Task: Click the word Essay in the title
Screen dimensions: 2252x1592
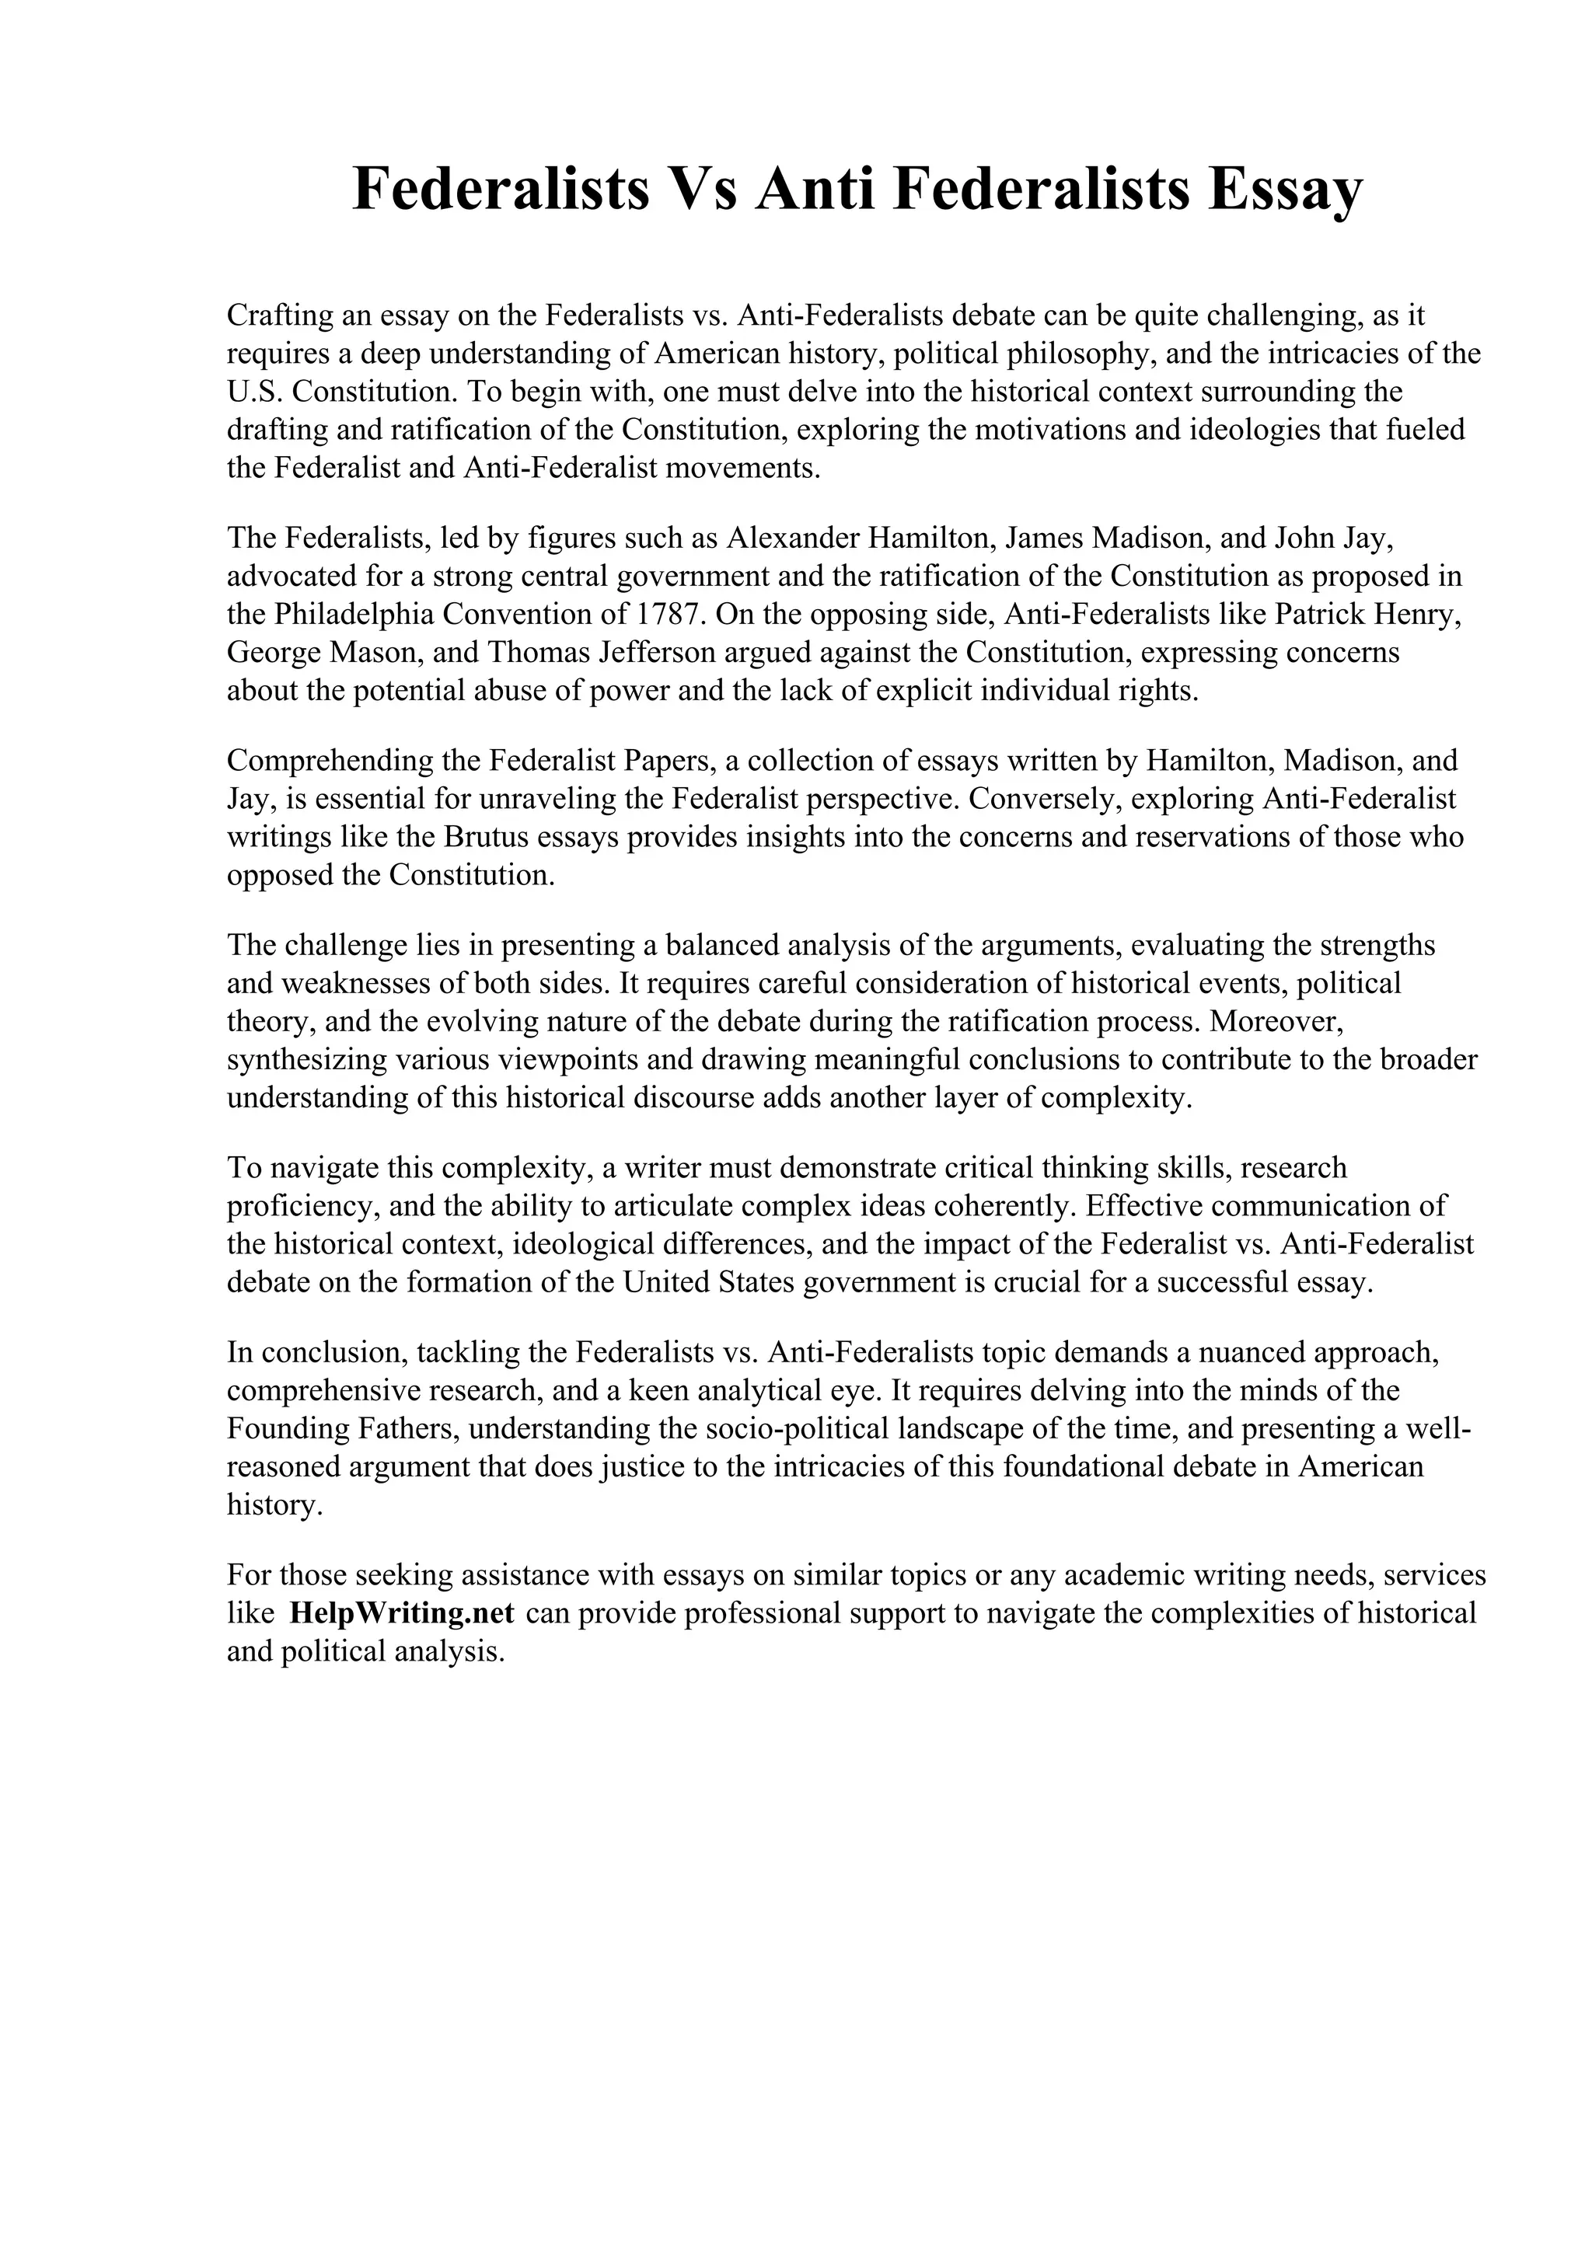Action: (x=1285, y=190)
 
